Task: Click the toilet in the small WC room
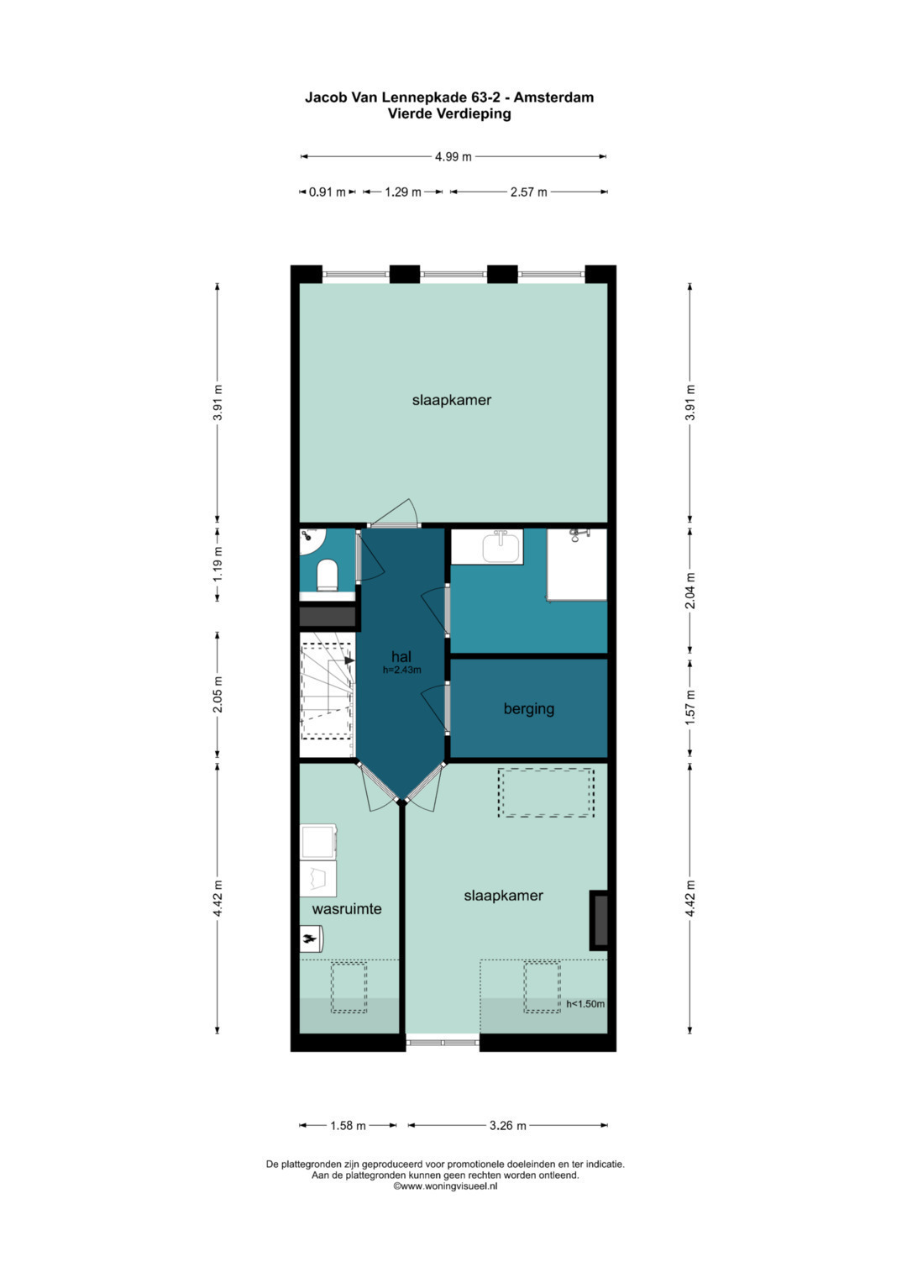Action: click(x=327, y=576)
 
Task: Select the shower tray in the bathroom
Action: click(x=577, y=565)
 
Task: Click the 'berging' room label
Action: click(x=528, y=708)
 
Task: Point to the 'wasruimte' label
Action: click(x=347, y=908)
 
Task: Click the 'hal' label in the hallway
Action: click(x=401, y=656)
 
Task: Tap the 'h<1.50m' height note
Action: click(x=585, y=1003)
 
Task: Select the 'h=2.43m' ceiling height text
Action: click(x=401, y=670)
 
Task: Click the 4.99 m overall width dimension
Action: click(x=453, y=156)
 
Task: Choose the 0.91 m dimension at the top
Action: click(x=327, y=192)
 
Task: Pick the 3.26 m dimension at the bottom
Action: click(x=507, y=1125)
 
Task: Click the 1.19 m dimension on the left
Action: click(x=218, y=564)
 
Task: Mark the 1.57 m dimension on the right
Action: click(x=690, y=707)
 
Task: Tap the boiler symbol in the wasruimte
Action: click(x=311, y=938)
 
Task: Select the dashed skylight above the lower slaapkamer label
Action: click(x=546, y=792)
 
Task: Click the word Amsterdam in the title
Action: click(x=553, y=97)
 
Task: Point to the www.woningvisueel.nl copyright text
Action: click(x=446, y=1186)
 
